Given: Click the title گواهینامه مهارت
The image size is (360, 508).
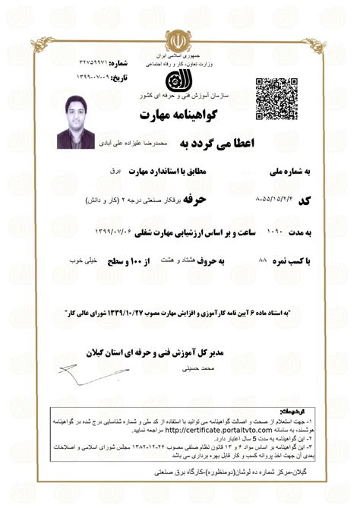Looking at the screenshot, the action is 181,115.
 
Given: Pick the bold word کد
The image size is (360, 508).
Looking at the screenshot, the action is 305,200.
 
